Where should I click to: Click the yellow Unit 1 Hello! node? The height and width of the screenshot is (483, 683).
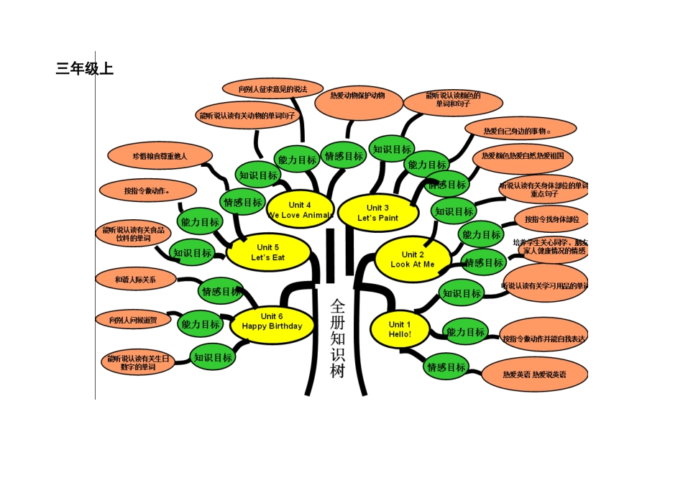coord(400,329)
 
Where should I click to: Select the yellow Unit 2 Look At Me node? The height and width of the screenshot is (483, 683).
coord(413,259)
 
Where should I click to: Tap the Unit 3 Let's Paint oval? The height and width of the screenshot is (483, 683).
coord(377,213)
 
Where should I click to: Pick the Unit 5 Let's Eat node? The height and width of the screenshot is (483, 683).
coord(268,252)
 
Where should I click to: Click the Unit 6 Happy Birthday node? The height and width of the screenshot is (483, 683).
coord(272,321)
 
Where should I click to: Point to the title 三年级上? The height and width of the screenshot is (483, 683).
coord(85,69)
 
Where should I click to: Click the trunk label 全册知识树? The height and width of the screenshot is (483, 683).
coord(338,338)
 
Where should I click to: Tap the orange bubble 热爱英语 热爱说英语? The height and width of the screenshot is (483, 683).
coord(533,374)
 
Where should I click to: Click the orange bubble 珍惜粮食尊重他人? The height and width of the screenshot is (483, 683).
coord(160,156)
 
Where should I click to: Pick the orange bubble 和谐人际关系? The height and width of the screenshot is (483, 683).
coord(135,279)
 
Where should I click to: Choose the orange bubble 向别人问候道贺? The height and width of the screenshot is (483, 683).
coord(134,320)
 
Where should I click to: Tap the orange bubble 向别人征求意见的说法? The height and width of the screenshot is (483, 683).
coord(272,89)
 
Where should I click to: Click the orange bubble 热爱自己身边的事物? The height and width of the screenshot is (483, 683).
coord(520,131)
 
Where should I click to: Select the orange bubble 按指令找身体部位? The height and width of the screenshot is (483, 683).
coord(551,218)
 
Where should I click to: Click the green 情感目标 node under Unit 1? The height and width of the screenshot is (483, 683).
coord(446,367)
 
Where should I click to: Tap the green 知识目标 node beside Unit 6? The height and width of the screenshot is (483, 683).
coord(213,357)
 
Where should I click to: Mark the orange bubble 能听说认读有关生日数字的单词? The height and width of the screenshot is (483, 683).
coord(139,362)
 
